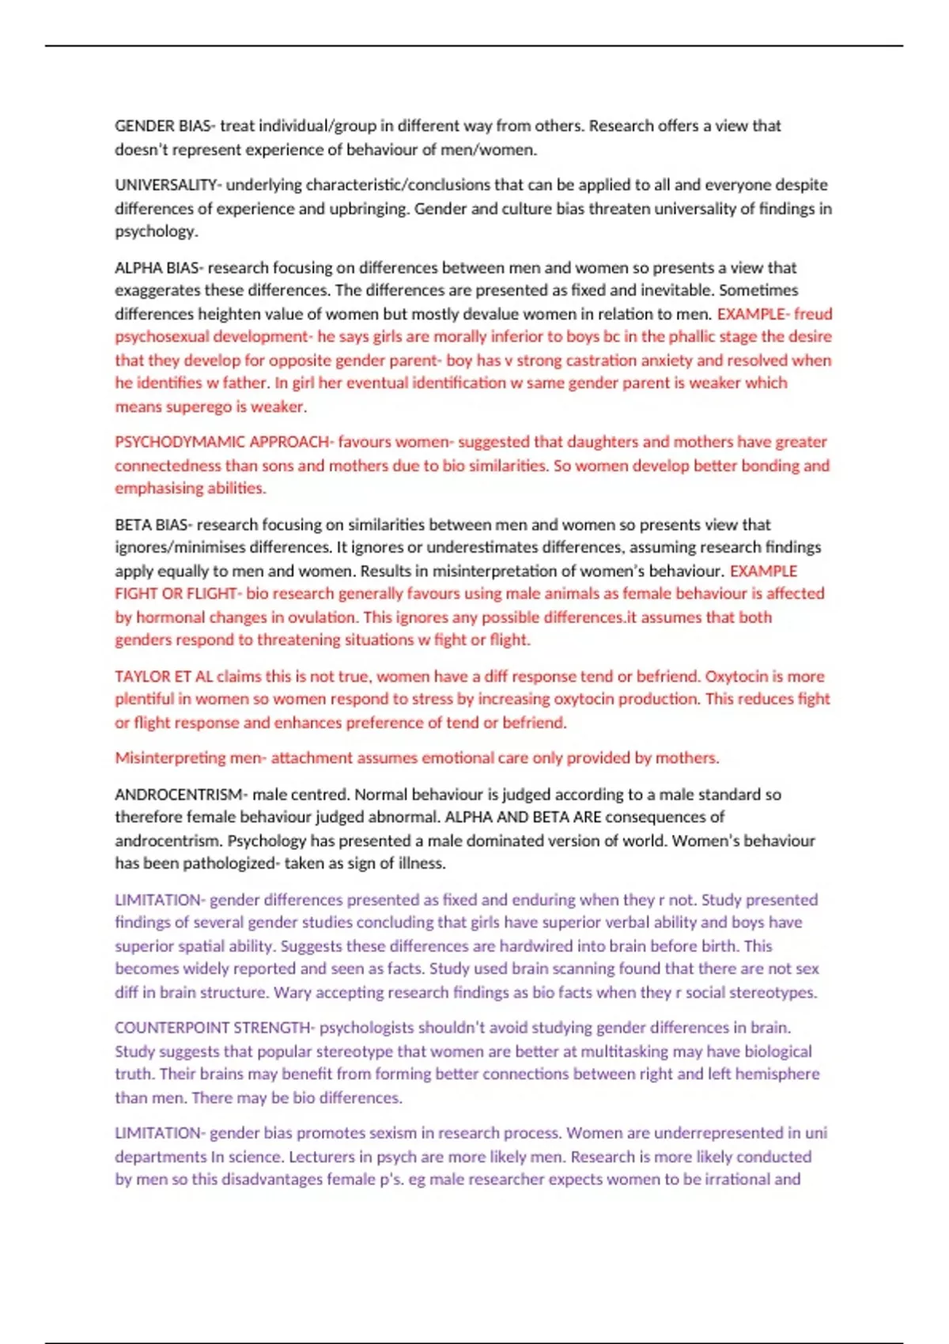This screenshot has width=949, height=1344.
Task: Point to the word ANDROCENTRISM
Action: [180, 795]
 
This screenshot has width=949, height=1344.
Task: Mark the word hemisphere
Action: [777, 1074]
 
